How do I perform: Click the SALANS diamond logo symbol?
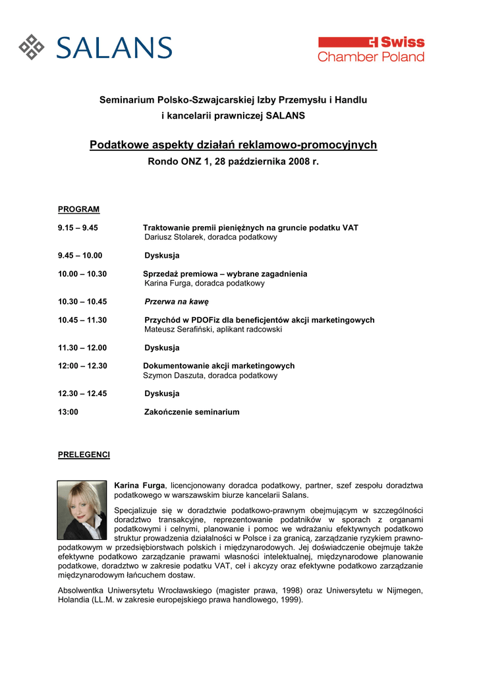click(31, 47)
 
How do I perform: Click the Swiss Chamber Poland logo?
click(371, 49)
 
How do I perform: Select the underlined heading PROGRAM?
click(78, 210)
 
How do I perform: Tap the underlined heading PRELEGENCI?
click(84, 455)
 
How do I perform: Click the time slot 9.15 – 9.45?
click(78, 227)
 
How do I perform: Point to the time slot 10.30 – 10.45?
click(82, 301)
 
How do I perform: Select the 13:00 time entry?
click(68, 412)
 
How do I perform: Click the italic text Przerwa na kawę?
click(177, 301)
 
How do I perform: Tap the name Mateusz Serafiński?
click(181, 329)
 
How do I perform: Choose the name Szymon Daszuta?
click(174, 375)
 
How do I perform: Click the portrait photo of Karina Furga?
click(82, 510)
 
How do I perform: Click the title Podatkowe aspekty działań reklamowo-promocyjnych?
click(233, 144)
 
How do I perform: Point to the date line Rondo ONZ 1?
click(233, 161)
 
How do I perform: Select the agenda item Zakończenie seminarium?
click(192, 412)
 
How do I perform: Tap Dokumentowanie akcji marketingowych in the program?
click(219, 366)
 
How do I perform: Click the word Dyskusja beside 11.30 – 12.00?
click(161, 347)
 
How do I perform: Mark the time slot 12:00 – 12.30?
click(82, 366)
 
